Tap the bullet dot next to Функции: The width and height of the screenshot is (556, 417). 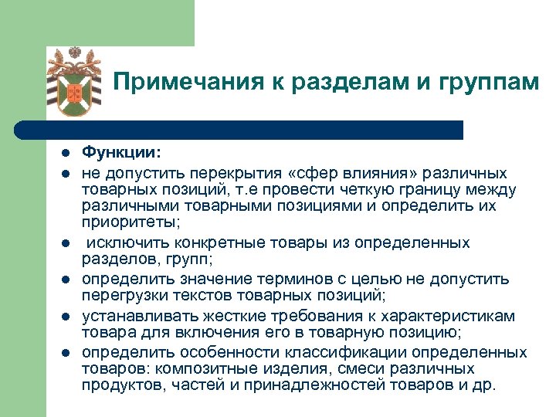pos(67,154)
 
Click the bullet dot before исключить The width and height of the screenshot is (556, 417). pos(67,243)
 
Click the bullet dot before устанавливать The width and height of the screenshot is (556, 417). pos(67,316)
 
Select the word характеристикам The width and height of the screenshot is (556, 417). pos(460,315)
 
